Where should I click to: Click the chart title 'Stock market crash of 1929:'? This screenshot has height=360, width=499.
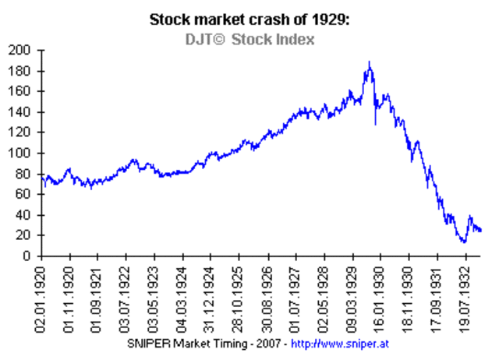[249, 20]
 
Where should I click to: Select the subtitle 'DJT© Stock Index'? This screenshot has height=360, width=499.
[249, 39]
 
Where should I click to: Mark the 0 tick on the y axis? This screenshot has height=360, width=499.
[28, 256]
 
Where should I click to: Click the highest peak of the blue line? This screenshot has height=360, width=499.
[369, 62]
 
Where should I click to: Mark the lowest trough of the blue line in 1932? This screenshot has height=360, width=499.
[464, 242]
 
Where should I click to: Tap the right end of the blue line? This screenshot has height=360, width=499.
[481, 231]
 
